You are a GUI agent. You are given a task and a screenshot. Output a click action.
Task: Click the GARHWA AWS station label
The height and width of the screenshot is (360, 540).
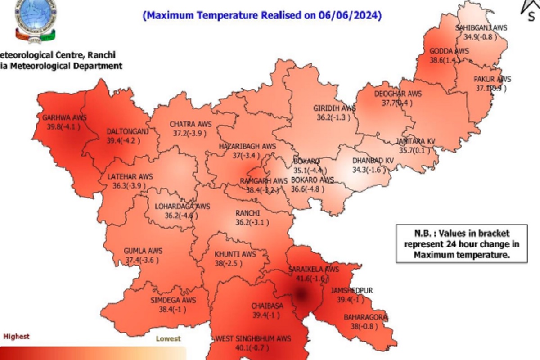(x=64, y=118)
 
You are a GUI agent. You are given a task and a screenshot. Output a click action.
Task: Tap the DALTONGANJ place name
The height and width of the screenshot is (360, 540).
(x=127, y=131)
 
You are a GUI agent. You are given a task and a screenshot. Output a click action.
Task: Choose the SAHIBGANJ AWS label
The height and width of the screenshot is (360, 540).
(x=481, y=28)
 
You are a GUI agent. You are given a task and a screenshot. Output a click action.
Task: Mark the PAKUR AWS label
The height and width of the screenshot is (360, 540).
(x=492, y=80)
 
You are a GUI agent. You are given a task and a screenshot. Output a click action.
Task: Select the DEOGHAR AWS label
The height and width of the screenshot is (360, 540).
(x=398, y=94)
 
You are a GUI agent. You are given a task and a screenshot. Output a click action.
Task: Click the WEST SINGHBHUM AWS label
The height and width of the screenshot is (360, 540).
(x=253, y=338)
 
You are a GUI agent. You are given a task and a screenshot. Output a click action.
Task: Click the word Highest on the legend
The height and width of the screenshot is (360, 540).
(x=17, y=336)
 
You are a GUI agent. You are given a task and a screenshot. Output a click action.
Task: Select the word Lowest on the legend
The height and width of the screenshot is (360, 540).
(x=168, y=338)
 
